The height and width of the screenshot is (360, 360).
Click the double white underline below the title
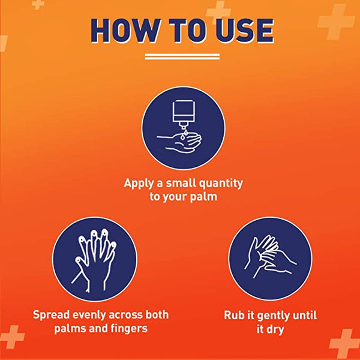(182, 57)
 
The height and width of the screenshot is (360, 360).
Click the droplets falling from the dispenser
(183, 135)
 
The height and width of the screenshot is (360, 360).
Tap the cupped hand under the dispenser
(179, 143)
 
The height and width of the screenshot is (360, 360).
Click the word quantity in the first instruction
(221, 184)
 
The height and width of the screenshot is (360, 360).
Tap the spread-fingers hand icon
(94, 260)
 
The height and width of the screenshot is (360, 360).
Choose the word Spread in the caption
(51, 315)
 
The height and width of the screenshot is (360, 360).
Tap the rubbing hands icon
(270, 257)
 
